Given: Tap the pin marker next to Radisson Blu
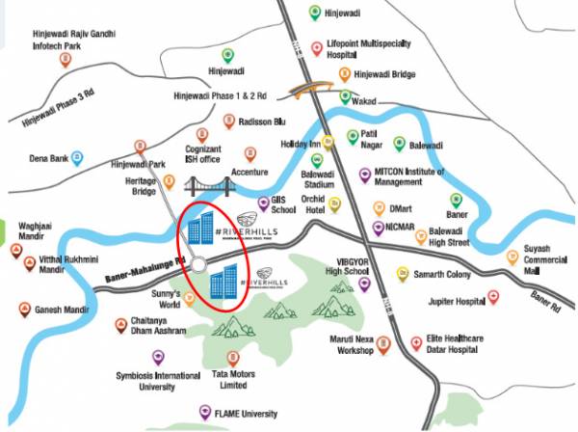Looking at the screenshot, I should pos(229,121).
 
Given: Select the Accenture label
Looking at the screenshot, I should pos(250,173).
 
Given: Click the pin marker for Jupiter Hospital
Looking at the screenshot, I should pos(493,299).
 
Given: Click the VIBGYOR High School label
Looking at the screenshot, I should pos(348,267).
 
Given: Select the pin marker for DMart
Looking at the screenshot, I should pos(374,207).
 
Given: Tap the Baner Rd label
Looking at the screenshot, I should pos(545,308).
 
